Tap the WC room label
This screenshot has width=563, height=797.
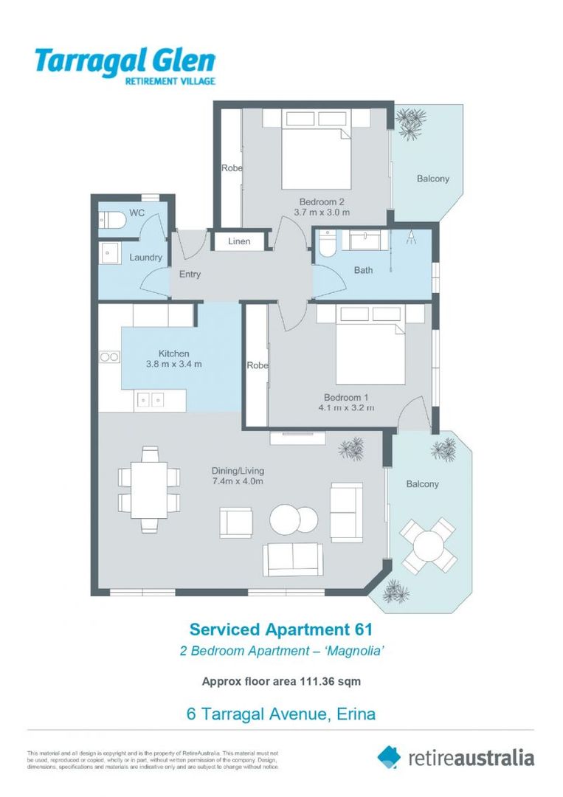[x=137, y=213]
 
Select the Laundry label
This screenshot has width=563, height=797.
[x=145, y=258]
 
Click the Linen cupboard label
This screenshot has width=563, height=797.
[x=239, y=241]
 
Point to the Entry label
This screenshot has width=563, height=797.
[x=190, y=275]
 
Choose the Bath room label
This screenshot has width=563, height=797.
[x=363, y=270]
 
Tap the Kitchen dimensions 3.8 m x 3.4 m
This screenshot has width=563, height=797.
[x=173, y=365]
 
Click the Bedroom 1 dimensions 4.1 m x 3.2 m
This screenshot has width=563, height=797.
[x=346, y=407]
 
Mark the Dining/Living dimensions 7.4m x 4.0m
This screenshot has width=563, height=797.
[x=237, y=481]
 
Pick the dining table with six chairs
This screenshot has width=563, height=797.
[x=149, y=489]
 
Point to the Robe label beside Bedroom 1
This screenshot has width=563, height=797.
[x=258, y=365]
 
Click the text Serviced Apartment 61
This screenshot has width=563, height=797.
[x=280, y=629]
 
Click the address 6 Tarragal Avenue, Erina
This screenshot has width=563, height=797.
[x=280, y=714]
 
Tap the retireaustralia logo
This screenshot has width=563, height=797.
[x=455, y=757]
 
